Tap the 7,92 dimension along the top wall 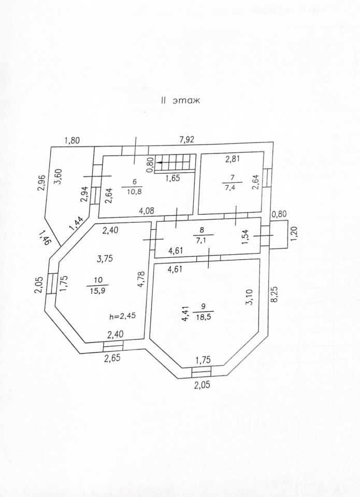(187, 139)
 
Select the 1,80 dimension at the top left (73, 139)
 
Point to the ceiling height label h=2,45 (122, 316)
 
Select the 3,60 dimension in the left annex (59, 177)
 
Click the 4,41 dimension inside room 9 (184, 314)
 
